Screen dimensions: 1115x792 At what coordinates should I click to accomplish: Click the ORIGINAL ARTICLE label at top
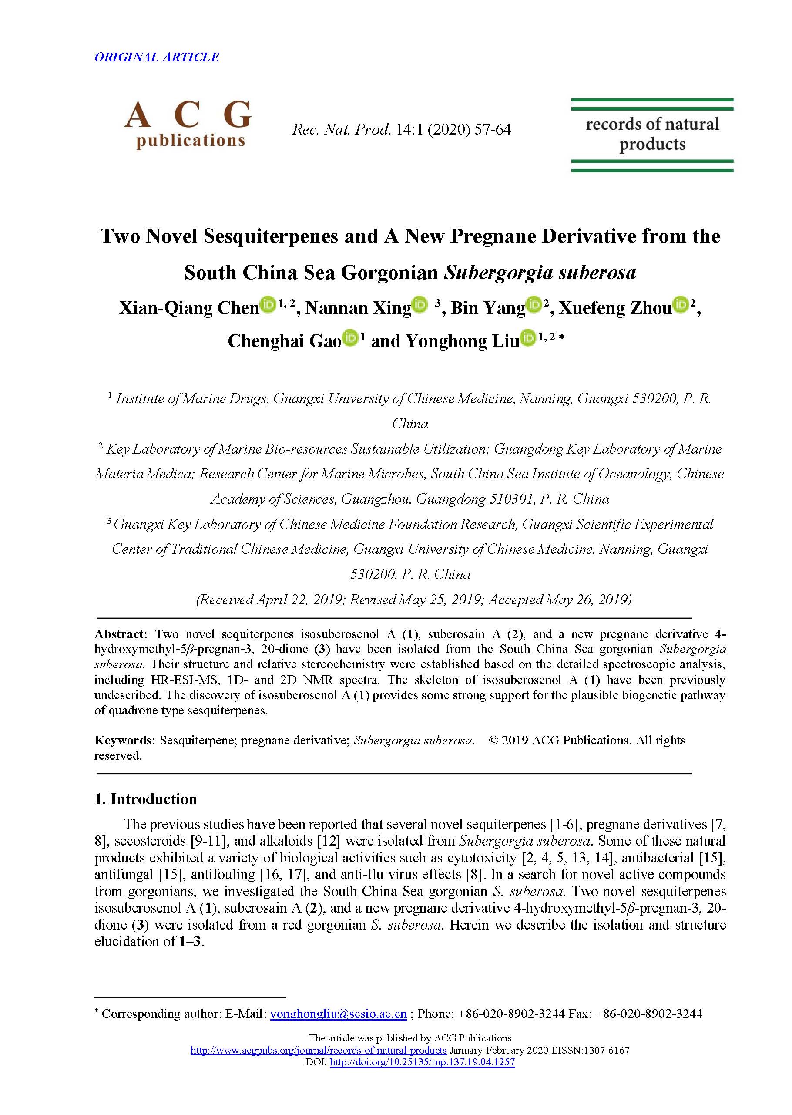pyautogui.click(x=157, y=57)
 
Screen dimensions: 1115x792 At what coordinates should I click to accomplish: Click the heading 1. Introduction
pyautogui.click(x=146, y=799)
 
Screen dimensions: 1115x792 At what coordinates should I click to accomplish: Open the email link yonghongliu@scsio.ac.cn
pyautogui.click(x=339, y=1014)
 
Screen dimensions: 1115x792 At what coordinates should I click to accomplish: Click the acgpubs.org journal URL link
pyautogui.click(x=319, y=1050)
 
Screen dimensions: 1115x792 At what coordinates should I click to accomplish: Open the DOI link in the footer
pyautogui.click(x=423, y=1062)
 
